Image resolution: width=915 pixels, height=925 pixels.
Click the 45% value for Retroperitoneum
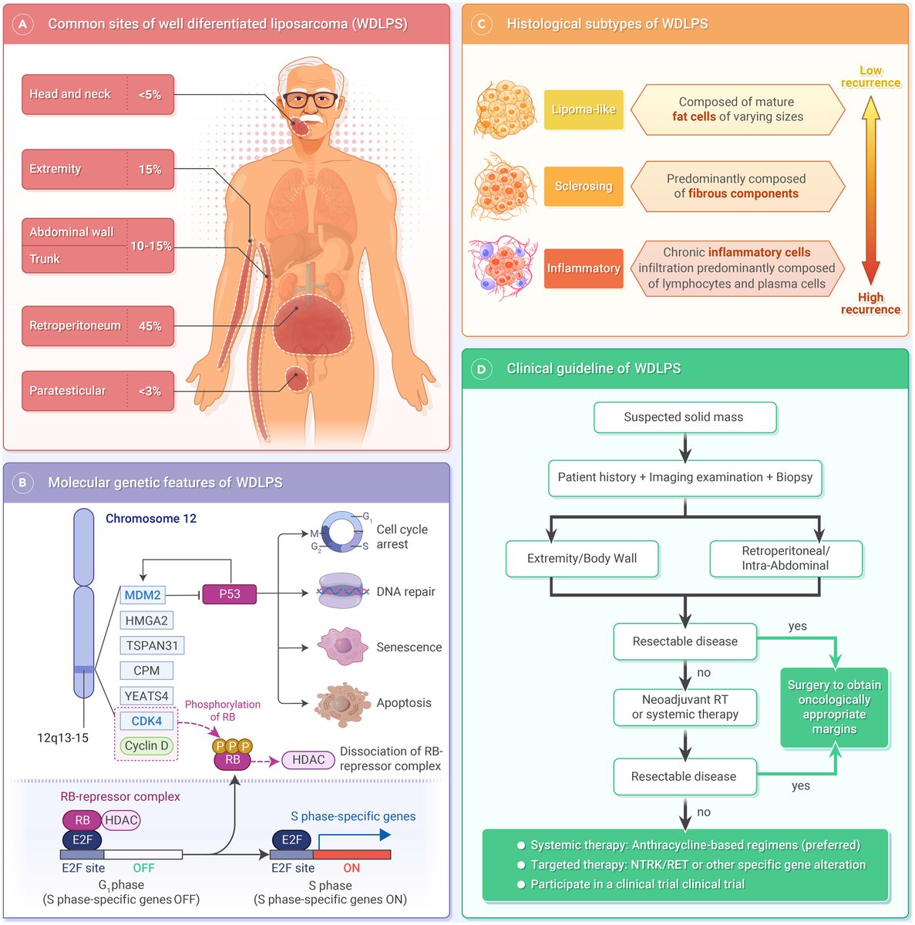(x=150, y=326)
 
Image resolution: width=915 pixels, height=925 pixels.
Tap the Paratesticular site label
(x=68, y=391)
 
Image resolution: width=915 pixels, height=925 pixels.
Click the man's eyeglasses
(x=311, y=99)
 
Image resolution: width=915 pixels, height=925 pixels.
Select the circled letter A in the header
(x=22, y=24)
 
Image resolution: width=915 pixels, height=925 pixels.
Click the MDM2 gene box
(x=143, y=595)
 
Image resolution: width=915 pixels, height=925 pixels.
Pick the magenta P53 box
(x=230, y=594)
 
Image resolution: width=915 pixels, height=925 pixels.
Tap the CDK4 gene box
(x=146, y=721)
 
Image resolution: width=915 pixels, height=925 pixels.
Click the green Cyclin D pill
(x=146, y=745)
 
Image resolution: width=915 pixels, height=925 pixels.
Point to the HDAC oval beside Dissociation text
(x=308, y=760)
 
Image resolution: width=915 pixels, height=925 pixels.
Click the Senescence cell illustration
(x=342, y=646)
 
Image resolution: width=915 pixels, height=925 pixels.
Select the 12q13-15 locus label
(x=63, y=738)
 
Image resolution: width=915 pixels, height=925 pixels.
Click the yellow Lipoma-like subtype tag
(x=584, y=109)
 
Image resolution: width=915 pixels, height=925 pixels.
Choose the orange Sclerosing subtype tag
(x=584, y=187)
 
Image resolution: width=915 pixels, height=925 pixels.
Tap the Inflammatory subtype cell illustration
(x=503, y=267)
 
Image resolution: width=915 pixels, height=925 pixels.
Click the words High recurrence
(x=870, y=304)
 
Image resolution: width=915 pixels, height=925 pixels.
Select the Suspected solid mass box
(x=685, y=417)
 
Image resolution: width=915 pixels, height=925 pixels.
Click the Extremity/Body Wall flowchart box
(x=582, y=558)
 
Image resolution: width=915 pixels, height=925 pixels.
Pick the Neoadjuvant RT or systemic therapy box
(x=685, y=707)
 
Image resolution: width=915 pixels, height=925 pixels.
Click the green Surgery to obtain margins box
(x=834, y=707)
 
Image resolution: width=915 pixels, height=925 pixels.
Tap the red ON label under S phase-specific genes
(x=352, y=868)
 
